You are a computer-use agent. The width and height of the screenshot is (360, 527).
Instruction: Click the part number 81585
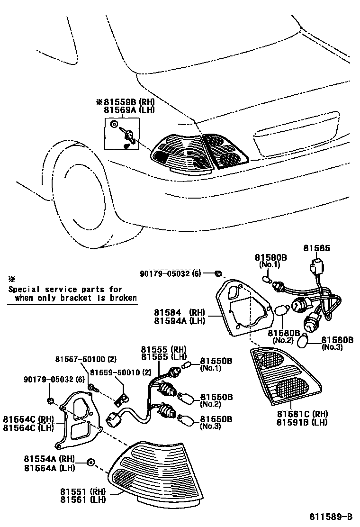coord(316,248)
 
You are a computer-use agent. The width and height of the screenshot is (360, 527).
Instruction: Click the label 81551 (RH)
coord(83,492)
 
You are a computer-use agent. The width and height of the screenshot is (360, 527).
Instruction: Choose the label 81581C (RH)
coord(302,414)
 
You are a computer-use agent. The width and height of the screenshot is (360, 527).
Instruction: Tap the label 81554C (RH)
coord(28,419)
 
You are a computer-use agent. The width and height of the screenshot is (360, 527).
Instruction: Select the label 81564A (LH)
coord(49,468)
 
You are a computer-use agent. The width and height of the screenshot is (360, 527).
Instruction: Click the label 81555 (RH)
coord(163,348)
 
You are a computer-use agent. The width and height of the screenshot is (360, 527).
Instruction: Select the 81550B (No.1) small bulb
coord(187,365)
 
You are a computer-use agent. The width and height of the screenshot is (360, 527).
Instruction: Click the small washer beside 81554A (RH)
coord(91,462)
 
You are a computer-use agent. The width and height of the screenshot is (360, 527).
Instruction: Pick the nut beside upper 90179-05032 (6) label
coord(218,274)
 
